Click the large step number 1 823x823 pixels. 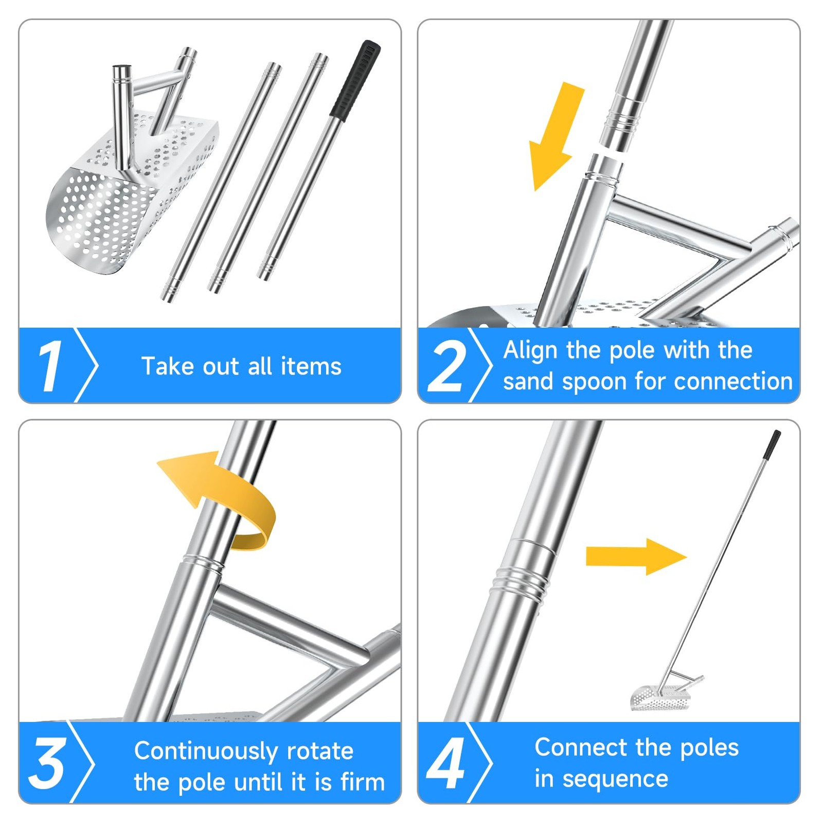[50, 366]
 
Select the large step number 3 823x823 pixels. [47, 763]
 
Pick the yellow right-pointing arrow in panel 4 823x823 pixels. [636, 557]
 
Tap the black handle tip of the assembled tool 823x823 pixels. [772, 444]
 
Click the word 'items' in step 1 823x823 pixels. [311, 366]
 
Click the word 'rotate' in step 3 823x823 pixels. [320, 752]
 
